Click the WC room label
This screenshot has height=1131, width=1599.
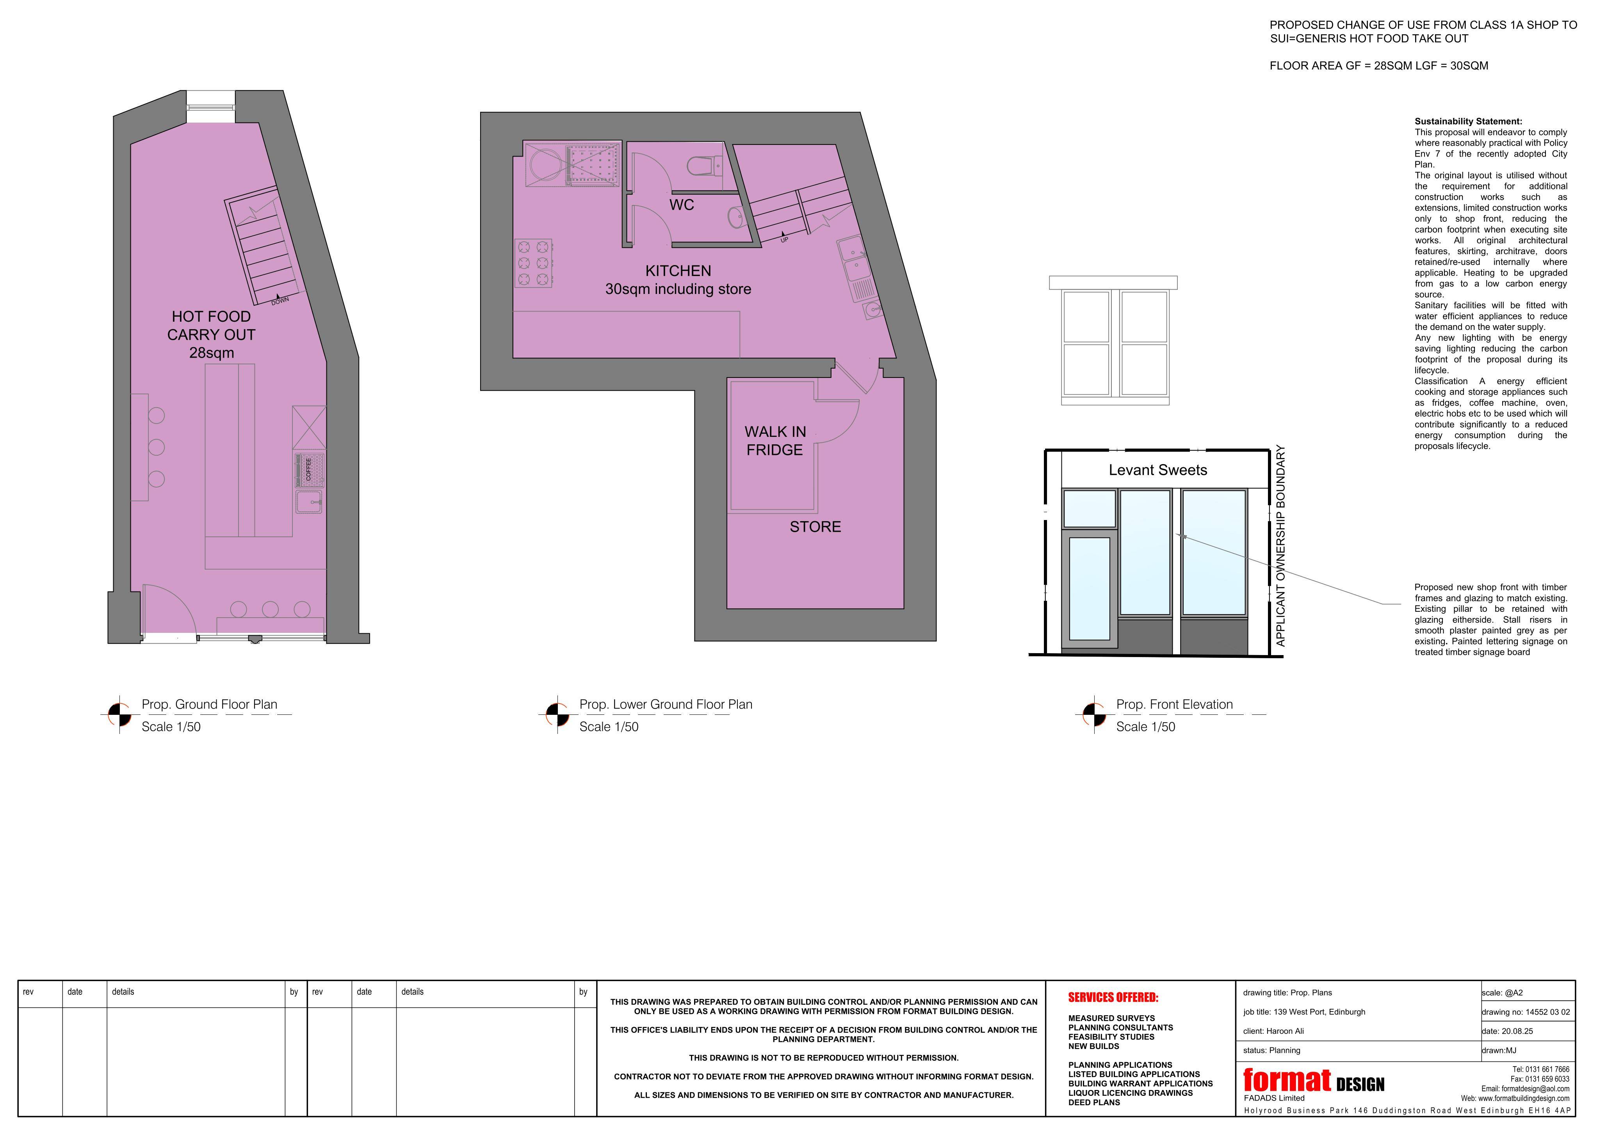pyautogui.click(x=682, y=205)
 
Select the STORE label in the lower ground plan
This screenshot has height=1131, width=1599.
pyautogui.click(x=815, y=527)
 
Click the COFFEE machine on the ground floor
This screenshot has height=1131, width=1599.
pyautogui.click(x=309, y=469)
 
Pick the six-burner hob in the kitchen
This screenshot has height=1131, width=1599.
pyautogui.click(x=534, y=263)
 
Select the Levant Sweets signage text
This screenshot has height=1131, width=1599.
pyautogui.click(x=1157, y=470)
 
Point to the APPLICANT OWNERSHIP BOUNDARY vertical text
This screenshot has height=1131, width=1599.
pyautogui.click(x=1280, y=546)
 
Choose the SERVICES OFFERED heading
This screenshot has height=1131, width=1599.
pyautogui.click(x=1113, y=997)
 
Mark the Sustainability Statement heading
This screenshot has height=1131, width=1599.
pyautogui.click(x=1468, y=121)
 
